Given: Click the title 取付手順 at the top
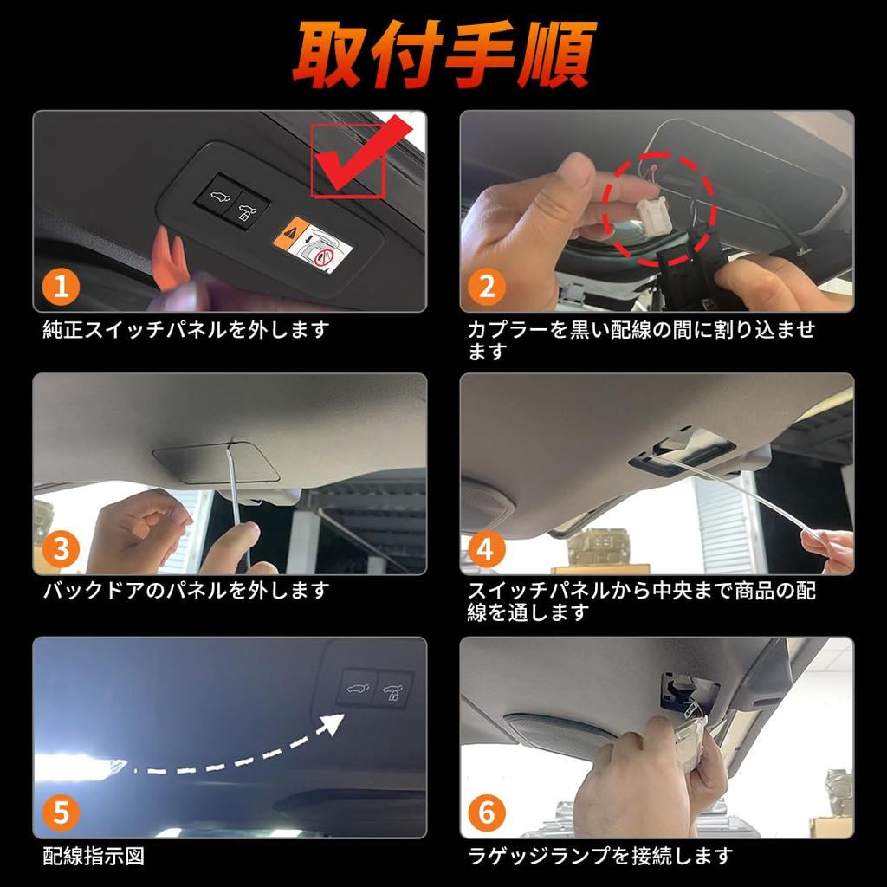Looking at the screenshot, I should (443, 54).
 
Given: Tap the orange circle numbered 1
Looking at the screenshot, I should (61, 286).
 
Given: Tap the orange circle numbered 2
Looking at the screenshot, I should (487, 286).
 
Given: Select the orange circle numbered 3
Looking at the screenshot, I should (61, 548).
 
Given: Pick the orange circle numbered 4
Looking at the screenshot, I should (487, 548).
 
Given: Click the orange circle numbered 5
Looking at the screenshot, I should (61, 813).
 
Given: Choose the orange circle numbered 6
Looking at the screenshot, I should (487, 813).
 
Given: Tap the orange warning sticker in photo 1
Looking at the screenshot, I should (296, 230).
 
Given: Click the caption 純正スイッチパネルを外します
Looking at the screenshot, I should (186, 330).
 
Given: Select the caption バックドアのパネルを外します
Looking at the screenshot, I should (186, 592).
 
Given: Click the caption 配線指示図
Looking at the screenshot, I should (94, 857).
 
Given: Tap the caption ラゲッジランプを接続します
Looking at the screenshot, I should (600, 857).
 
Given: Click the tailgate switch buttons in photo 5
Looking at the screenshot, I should (374, 688).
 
